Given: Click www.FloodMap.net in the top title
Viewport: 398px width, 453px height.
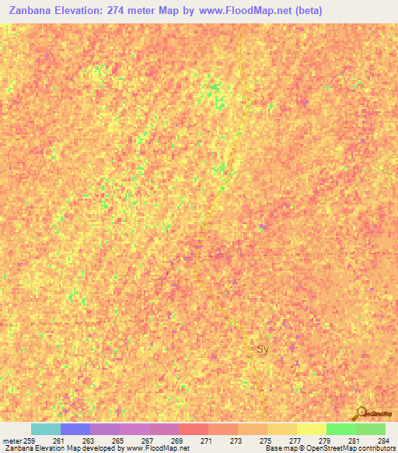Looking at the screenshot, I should tap(244, 11).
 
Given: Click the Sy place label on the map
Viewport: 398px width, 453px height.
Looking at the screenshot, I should tap(263, 349).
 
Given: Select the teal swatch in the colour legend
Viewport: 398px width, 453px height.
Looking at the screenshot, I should tap(46, 429).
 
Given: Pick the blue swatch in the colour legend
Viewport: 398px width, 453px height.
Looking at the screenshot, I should tap(75, 429).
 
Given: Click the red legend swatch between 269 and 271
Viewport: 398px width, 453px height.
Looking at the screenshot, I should tap(194, 429).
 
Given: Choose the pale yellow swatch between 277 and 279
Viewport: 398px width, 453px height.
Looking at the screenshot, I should tap(312, 429).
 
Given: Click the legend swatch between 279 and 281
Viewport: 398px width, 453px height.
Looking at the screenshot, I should tap(341, 429).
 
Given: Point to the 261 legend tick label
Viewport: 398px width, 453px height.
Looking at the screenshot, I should tap(58, 441).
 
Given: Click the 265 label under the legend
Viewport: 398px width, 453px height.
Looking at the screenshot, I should tap(117, 441).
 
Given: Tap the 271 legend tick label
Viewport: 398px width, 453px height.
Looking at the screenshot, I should tap(206, 441).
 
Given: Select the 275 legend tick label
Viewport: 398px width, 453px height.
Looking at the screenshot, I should tap(265, 441).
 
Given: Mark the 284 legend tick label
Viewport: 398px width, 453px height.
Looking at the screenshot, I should tap(383, 441).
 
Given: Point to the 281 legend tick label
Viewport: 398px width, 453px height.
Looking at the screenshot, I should tap(354, 441).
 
